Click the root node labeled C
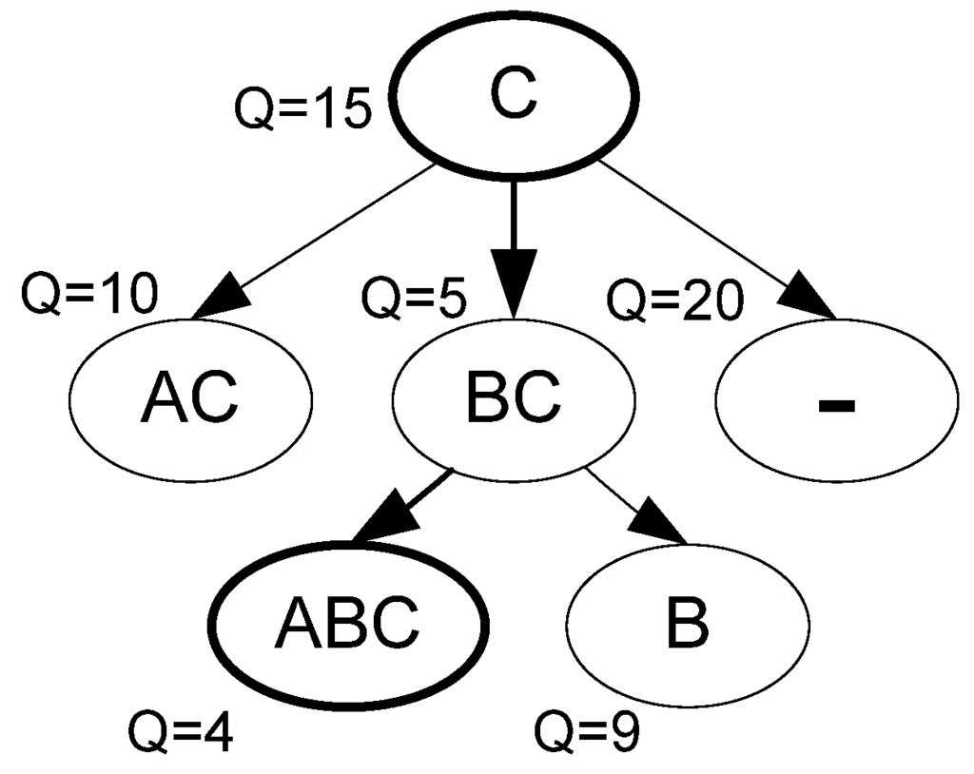tap(514, 101)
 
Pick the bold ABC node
tap(348, 623)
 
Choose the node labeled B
tap(687, 623)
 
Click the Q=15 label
tap(302, 109)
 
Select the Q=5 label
tap(413, 300)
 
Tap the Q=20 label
tap(673, 301)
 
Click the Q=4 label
tap(181, 733)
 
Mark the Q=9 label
tap(587, 731)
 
